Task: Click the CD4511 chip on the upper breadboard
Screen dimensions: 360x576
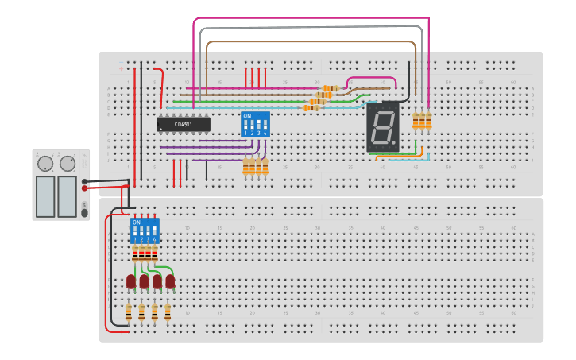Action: pos(184,124)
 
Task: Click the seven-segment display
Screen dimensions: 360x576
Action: pos(382,128)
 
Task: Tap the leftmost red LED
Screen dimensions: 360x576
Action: pos(131,281)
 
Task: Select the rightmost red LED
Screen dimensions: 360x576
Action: pos(170,281)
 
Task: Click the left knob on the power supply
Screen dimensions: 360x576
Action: pos(45,164)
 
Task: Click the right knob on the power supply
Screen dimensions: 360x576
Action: pos(68,164)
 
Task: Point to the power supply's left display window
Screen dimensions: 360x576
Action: pos(45,195)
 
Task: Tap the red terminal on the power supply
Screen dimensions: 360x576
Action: pos(84,188)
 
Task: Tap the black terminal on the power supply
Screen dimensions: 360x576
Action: pos(84,181)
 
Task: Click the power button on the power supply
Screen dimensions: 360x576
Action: pos(84,212)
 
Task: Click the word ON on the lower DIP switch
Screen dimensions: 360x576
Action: pos(136,223)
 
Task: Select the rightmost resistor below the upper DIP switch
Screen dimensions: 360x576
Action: pos(265,166)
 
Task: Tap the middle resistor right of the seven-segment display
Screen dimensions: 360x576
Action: pos(422,120)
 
